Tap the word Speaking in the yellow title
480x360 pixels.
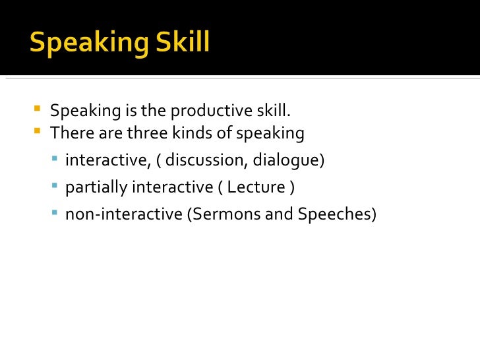pyautogui.click(x=86, y=44)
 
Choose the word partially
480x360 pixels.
pyautogui.click(x=96, y=187)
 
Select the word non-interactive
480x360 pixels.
pyautogui.click(x=125, y=214)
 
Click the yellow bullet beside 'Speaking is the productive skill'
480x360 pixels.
pyautogui.click(x=36, y=107)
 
